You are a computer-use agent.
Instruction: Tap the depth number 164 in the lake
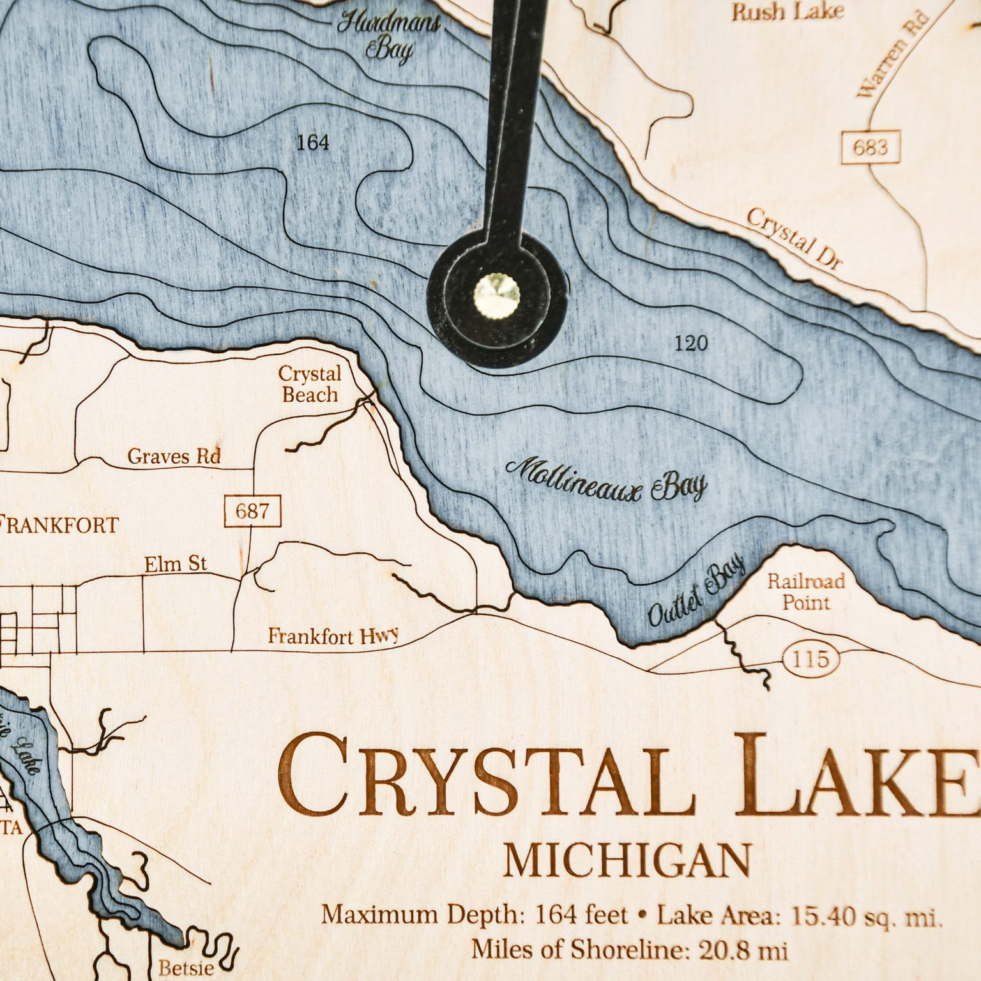tap(312, 142)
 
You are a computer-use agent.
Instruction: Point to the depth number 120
tap(690, 344)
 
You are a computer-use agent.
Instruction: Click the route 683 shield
tap(870, 148)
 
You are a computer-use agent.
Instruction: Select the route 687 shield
tap(253, 512)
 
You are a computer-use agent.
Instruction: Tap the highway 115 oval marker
tap(810, 659)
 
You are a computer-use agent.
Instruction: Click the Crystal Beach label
tap(310, 384)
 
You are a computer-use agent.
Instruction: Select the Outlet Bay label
tap(696, 591)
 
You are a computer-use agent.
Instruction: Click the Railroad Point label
tap(806, 592)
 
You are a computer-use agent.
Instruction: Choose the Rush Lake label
tap(787, 11)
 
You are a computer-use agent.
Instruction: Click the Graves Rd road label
tap(174, 457)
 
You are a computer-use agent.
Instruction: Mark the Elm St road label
tap(176, 564)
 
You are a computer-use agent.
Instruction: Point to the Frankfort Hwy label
tap(333, 636)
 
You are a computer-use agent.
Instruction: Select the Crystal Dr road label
tap(795, 239)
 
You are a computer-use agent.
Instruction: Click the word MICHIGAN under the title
tap(627, 861)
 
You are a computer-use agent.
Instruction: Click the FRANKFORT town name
tap(59, 526)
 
